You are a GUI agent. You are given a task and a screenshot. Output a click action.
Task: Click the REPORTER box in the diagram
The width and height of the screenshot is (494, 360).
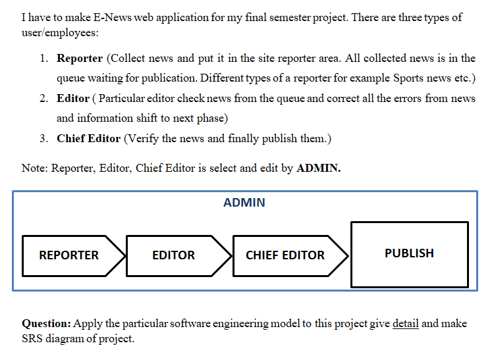tap(69, 255)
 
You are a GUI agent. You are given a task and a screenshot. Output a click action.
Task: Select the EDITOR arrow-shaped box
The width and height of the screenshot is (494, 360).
tap(174, 255)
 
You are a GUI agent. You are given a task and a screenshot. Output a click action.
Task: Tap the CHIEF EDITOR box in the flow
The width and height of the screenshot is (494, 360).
tap(285, 255)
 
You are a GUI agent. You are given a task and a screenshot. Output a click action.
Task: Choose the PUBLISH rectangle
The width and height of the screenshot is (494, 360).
tap(409, 253)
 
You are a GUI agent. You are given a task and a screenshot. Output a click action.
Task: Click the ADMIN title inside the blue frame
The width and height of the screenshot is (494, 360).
tap(244, 203)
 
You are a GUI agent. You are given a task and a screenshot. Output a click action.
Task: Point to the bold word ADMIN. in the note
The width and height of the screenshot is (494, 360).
tap(319, 168)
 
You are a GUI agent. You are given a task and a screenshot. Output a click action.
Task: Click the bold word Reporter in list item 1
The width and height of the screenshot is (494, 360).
tap(80, 59)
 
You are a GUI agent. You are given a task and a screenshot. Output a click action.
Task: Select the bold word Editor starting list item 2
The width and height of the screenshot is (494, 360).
tap(73, 99)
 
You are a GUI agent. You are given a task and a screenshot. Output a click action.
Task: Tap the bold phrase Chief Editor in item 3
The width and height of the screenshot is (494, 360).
tap(88, 139)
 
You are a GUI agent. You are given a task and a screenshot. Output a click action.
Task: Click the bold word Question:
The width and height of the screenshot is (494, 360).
tap(46, 324)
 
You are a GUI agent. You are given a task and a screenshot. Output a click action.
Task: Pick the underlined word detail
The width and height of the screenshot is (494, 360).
tap(405, 324)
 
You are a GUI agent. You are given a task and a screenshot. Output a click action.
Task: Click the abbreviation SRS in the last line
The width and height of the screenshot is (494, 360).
tap(33, 340)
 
